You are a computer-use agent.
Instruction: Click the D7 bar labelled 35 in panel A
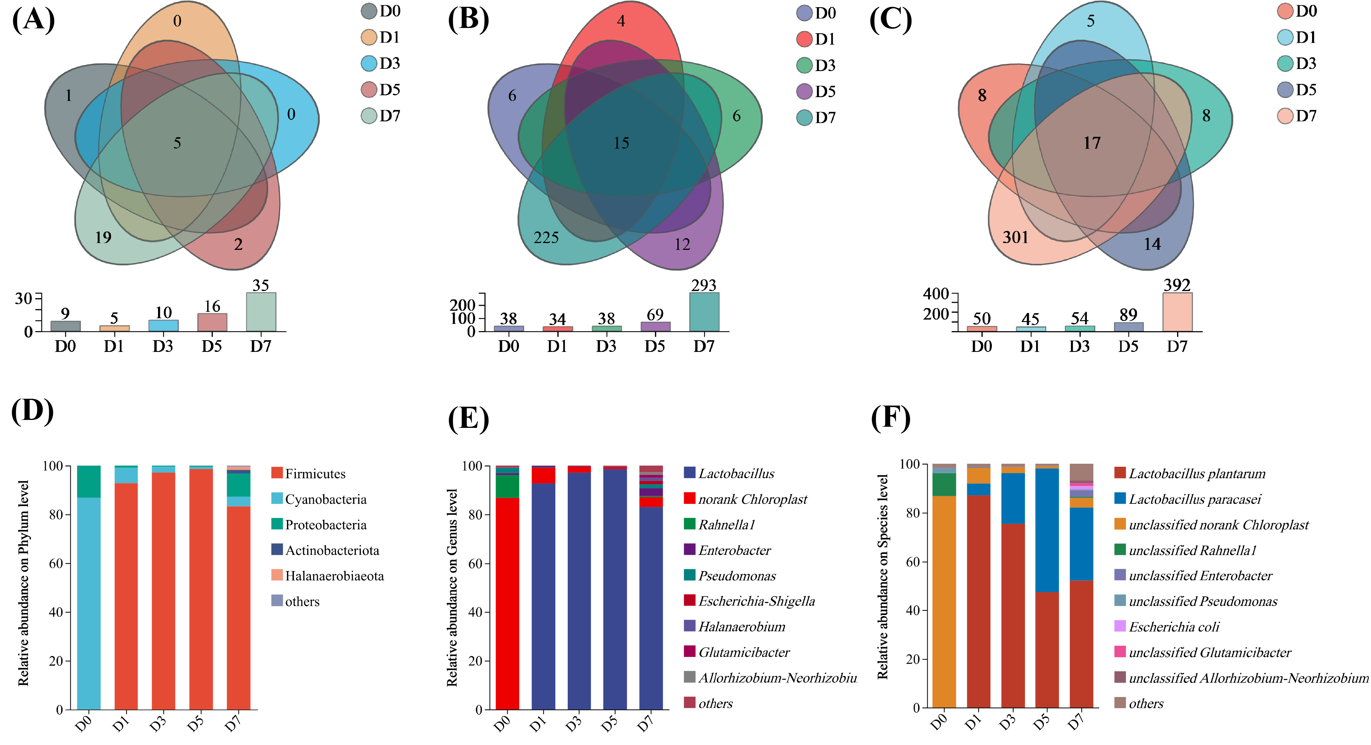[261, 312]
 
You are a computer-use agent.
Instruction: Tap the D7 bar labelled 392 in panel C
[1177, 312]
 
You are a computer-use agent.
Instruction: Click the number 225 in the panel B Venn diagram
[546, 237]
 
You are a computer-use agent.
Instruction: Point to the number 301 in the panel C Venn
[1015, 237]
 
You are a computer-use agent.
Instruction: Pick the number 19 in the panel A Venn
[103, 237]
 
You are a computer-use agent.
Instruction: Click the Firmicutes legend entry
[314, 474]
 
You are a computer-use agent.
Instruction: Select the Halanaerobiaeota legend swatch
[277, 575]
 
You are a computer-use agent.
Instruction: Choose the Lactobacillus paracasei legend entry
[1194, 499]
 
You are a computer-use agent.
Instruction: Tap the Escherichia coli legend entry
[1174, 627]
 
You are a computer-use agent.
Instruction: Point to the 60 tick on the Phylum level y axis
[56, 564]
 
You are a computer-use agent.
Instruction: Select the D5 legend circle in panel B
[804, 91]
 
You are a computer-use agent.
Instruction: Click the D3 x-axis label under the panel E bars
[573, 724]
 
